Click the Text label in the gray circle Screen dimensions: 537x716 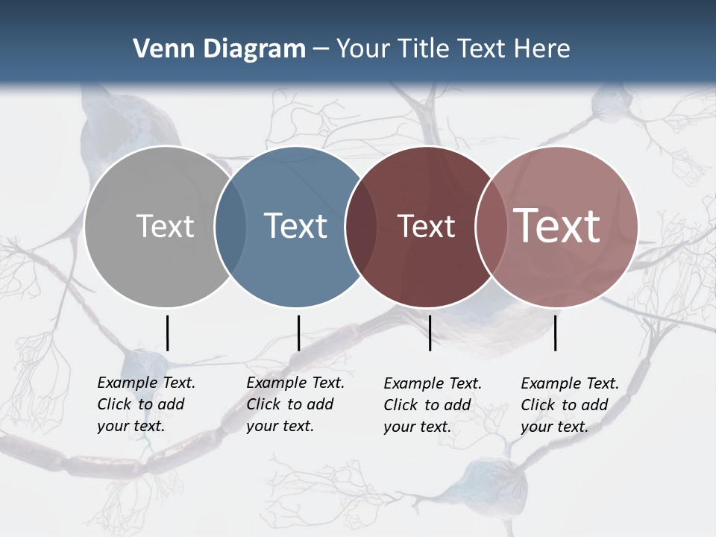pos(165,226)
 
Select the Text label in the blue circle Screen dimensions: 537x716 pos(295,226)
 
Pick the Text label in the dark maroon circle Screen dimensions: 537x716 pos(426,226)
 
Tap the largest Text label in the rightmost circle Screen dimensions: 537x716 pos(557,226)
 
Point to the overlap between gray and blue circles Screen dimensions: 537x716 pos(230,226)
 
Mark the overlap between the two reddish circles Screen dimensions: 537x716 pos(490,226)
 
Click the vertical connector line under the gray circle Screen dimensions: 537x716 pos(167,333)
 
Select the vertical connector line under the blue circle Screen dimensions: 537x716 pos(298,333)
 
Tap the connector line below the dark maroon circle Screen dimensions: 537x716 pos(430,333)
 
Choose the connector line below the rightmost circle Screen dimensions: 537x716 pos(555,333)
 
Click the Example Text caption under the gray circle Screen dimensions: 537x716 pos(146,404)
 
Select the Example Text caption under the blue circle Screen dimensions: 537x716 pos(295,404)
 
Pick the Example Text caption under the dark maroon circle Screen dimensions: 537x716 pos(433,405)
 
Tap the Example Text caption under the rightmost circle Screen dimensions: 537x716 pos(570,405)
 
